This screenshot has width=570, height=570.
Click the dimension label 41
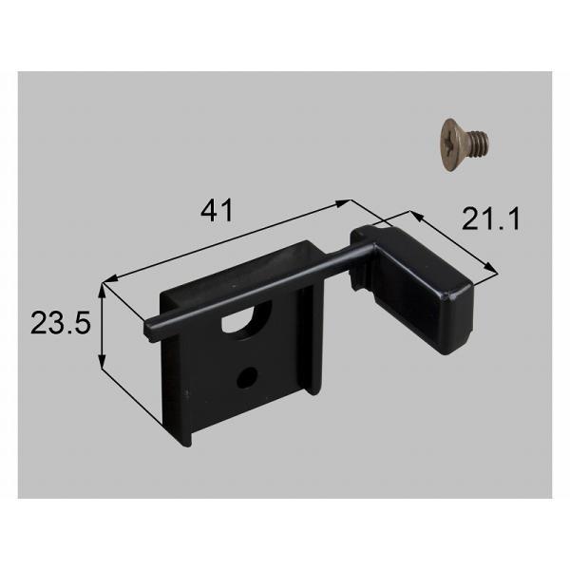(217, 211)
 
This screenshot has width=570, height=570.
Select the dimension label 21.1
(491, 218)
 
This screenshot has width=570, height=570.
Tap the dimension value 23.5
(61, 323)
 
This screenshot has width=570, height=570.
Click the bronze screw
(465, 144)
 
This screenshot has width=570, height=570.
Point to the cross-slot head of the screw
(452, 144)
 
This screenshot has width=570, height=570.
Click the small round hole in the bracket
(247, 377)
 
